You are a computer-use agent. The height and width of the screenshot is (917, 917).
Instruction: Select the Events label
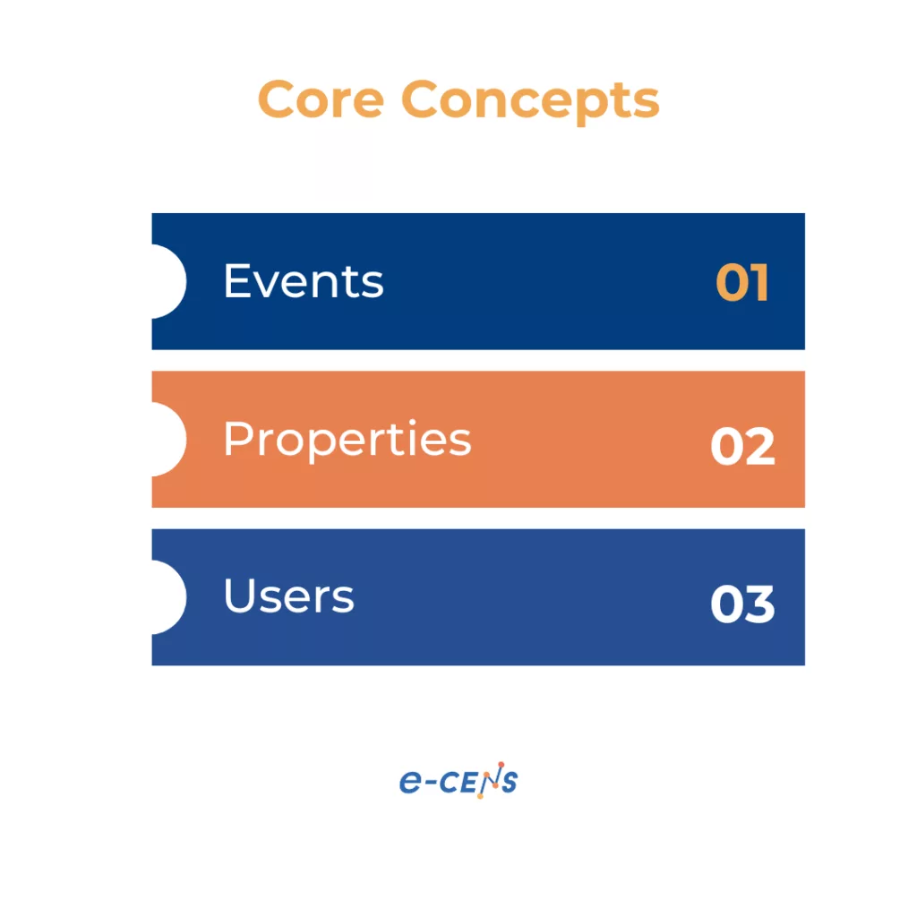click(304, 281)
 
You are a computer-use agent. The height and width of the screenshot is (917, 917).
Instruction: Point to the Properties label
click(347, 440)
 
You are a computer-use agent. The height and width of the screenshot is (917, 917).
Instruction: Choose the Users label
click(288, 596)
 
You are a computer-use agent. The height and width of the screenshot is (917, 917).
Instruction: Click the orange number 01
click(742, 284)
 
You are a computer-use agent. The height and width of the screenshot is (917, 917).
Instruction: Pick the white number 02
click(742, 446)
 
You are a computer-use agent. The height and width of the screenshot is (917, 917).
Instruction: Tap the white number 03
click(742, 604)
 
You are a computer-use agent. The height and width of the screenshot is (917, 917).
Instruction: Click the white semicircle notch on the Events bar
click(168, 281)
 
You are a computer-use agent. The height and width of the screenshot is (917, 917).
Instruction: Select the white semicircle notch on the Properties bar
click(168, 439)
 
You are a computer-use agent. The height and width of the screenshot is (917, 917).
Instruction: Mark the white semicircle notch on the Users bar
click(168, 596)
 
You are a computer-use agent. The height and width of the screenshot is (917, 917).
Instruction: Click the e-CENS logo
click(458, 782)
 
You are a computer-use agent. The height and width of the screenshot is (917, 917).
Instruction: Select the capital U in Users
click(239, 596)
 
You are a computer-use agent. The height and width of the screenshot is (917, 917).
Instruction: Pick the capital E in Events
click(236, 281)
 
